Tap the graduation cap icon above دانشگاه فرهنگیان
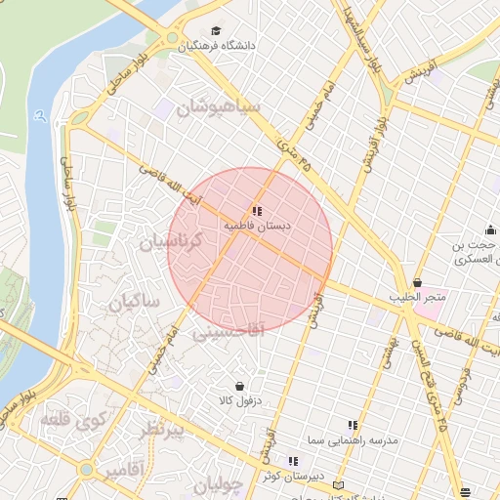coord(216,30)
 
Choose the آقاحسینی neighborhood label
coord(228,332)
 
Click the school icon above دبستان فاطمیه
coord(256,211)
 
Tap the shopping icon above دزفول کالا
coord(238,386)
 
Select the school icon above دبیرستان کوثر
coord(292,461)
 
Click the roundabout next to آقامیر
coord(87,470)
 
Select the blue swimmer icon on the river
coord(38,115)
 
